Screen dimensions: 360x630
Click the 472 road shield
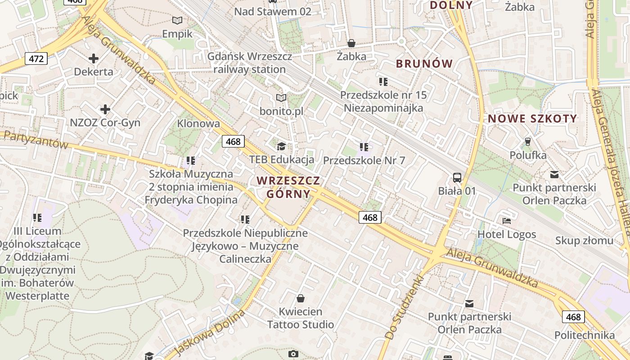tap(36, 58)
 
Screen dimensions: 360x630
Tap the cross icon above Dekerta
tap(94, 58)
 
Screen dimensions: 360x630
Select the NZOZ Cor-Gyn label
tap(105, 123)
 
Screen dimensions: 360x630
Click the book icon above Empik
tap(178, 20)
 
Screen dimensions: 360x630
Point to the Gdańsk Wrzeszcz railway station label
tap(250, 63)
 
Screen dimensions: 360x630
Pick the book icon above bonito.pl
tap(281, 98)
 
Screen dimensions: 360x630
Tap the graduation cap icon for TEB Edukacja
tap(281, 146)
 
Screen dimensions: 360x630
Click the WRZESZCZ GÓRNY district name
tap(288, 187)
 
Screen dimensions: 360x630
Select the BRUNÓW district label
tap(424, 64)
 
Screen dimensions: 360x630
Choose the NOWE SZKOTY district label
tap(532, 119)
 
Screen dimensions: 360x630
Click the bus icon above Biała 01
tap(457, 177)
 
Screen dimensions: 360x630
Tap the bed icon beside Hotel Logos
tap(507, 221)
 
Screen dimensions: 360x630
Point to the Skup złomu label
tap(584, 241)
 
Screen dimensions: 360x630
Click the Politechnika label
tap(585, 335)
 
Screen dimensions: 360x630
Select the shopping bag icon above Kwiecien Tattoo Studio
tap(301, 298)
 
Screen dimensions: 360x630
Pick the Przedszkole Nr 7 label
tap(364, 160)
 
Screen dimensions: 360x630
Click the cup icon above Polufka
tap(528, 142)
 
